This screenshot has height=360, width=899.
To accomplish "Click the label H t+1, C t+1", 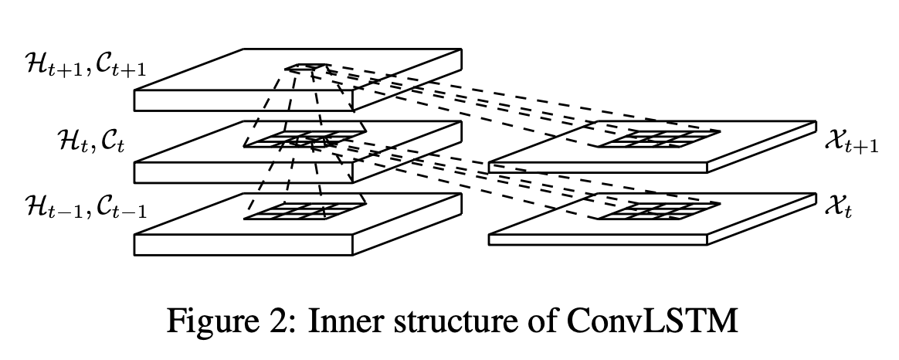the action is click(x=86, y=65).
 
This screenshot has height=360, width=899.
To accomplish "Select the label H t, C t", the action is click(x=91, y=140).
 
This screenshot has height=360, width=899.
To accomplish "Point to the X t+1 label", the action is click(x=851, y=141).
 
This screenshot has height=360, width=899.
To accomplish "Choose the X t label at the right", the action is click(x=838, y=207).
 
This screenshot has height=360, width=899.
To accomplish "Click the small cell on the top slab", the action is click(x=307, y=68).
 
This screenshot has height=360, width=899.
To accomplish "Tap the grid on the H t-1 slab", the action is click(x=304, y=210).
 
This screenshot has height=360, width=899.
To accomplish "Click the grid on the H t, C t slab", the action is click(x=304, y=139).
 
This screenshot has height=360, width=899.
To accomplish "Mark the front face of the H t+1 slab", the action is click(x=243, y=100).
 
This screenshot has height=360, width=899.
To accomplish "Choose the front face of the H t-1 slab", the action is click(x=243, y=245).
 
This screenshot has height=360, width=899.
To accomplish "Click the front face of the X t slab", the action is click(x=598, y=239).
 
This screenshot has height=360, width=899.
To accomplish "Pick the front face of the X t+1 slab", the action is click(x=598, y=168).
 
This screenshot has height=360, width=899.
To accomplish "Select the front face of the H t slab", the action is click(x=243, y=172).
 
